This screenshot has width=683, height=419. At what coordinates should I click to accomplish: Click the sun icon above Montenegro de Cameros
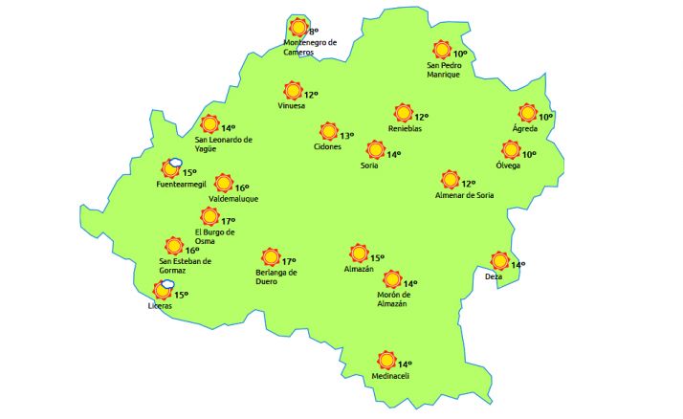298,28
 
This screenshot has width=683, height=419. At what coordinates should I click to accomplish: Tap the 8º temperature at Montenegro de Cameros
313,33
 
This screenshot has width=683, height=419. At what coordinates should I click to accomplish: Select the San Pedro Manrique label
443,70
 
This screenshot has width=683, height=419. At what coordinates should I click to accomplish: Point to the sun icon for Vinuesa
293,91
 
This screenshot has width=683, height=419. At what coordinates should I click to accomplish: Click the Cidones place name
328,147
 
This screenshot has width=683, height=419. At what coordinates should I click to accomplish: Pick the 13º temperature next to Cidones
346,136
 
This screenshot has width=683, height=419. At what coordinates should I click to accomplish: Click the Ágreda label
525,128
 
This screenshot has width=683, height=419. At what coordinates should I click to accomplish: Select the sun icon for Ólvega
511,150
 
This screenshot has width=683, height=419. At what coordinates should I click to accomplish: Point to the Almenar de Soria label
464,196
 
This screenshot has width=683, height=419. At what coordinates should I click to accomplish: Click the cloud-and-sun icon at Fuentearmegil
172,169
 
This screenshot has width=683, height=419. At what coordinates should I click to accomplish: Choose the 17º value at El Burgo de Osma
228,221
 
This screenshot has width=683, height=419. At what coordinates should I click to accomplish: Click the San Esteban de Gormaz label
185,265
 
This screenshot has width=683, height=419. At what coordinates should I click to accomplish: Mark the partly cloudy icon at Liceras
164,290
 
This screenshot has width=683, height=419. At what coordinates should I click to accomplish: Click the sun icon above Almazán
359,254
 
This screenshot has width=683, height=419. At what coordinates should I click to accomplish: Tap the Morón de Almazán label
392,299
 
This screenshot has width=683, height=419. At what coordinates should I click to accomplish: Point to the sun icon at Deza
499,261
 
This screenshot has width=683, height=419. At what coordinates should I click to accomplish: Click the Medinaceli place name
390,376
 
